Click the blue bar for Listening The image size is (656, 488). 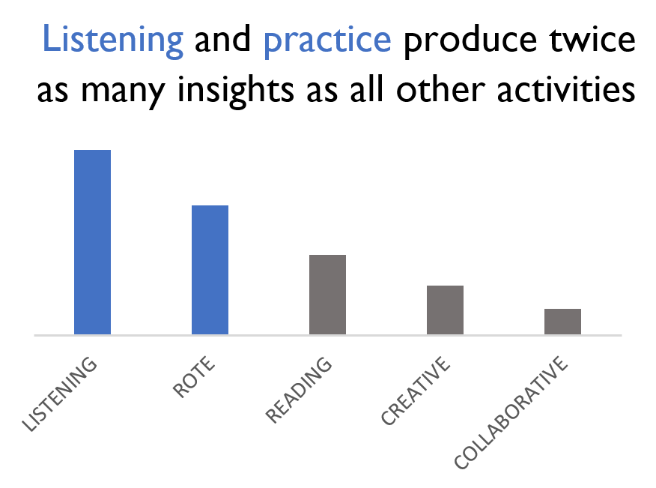coord(92,242)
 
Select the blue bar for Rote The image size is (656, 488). coord(210,270)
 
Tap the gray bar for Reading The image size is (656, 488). coord(327,295)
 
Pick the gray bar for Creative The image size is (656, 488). coord(445,310)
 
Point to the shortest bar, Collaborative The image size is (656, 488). coord(562,322)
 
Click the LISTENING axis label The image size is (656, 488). coord(59,394)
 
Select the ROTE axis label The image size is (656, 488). coord(194,377)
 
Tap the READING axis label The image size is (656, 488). coord(299,390)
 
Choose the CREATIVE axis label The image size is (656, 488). coord(416,391)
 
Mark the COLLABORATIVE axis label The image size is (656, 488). coord(511,412)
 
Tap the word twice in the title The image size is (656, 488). coord(592,39)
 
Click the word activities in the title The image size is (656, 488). coord(566,89)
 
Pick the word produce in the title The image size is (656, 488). coord(470,41)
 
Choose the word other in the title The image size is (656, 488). coord(440,88)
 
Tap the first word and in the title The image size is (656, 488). coord(222,39)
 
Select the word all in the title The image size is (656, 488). coord(366,88)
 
